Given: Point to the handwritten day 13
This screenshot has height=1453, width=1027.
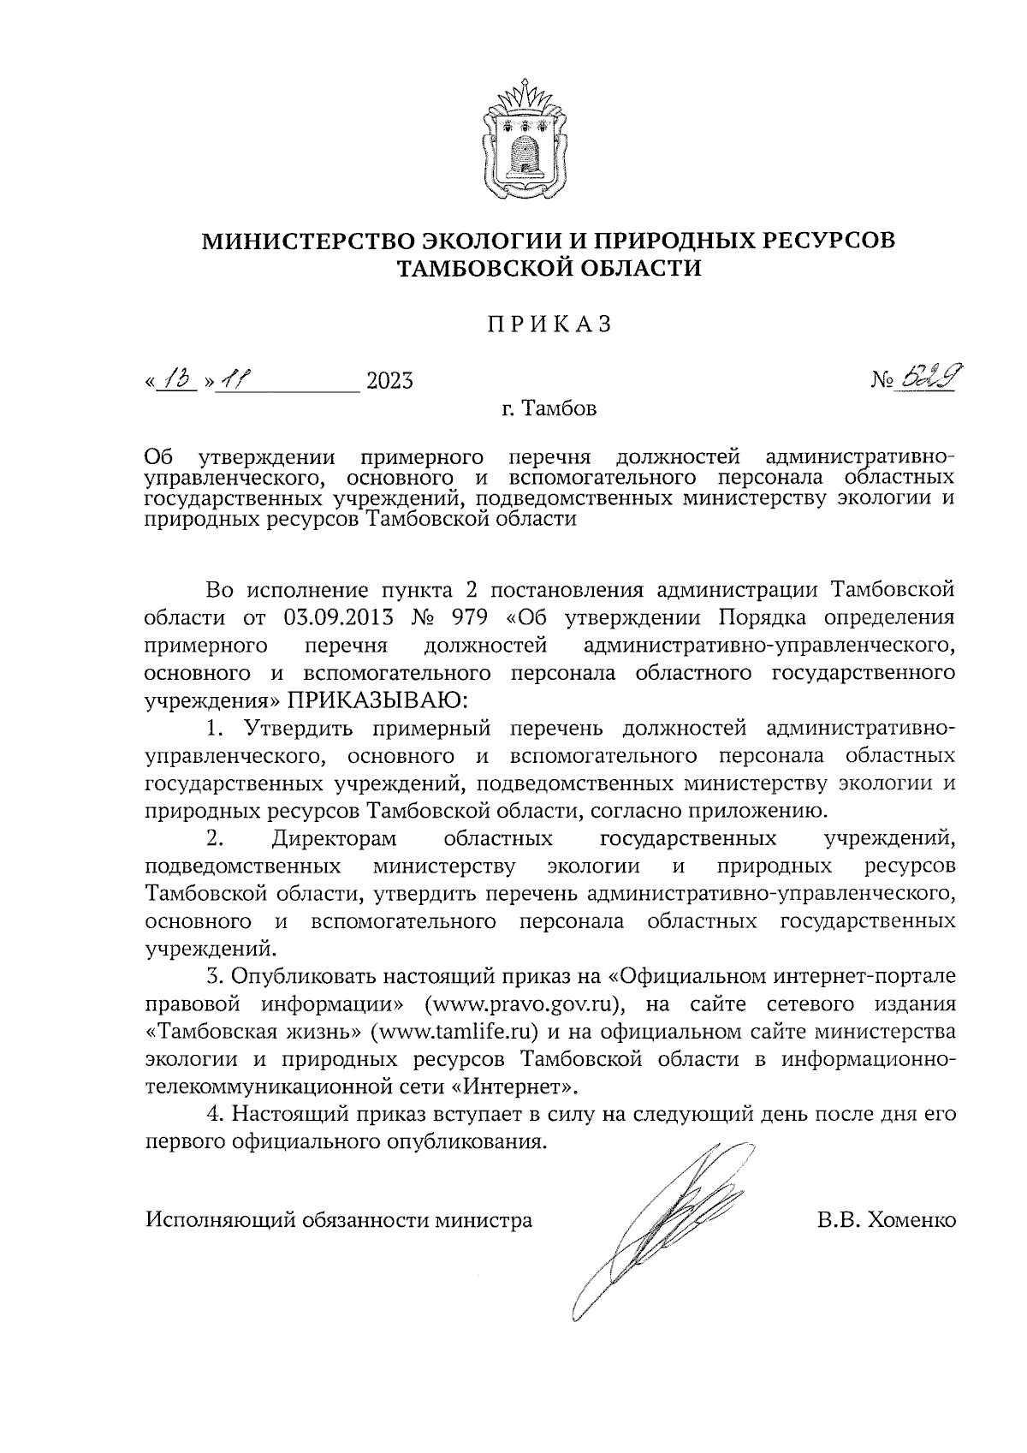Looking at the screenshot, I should point(178,377).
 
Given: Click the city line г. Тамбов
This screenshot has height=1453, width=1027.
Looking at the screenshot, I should point(549,408).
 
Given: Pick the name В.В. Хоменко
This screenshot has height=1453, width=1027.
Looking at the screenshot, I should point(886,1219).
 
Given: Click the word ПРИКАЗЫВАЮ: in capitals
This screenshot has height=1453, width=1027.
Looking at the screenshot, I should point(377,700).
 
